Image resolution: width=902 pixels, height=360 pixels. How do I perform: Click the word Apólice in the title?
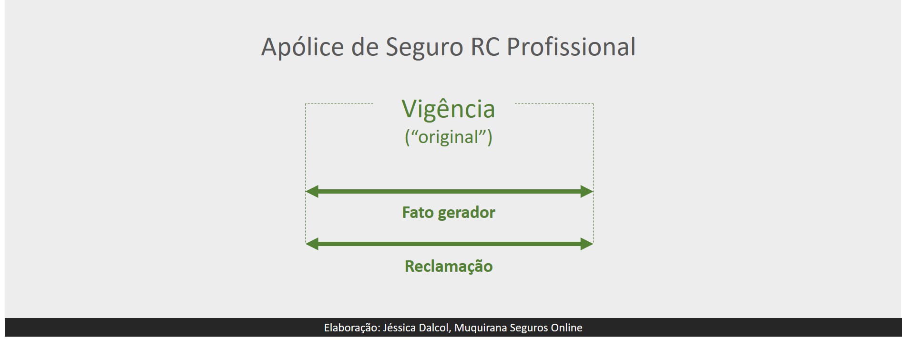302,47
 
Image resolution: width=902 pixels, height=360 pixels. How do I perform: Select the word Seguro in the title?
424,47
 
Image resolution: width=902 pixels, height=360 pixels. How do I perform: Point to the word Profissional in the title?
571,47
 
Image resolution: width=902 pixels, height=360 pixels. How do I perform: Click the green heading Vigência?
448,109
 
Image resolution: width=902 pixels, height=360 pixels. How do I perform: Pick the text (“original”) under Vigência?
448,137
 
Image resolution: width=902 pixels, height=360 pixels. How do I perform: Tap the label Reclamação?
448,266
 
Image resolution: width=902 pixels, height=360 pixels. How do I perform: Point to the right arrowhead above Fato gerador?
586,192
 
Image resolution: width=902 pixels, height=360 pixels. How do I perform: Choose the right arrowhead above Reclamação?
586,244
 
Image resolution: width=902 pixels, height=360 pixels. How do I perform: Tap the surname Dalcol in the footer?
435,328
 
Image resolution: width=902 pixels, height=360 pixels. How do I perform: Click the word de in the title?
365,47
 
